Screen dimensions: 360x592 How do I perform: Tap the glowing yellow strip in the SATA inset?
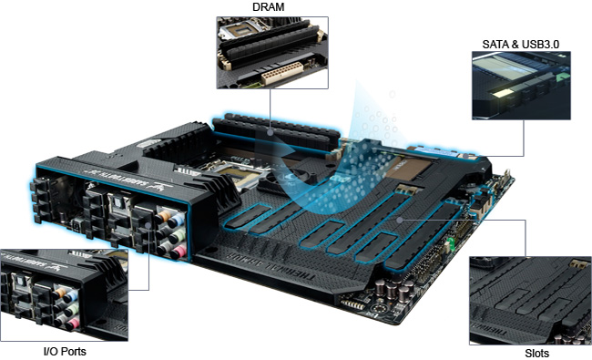505,92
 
